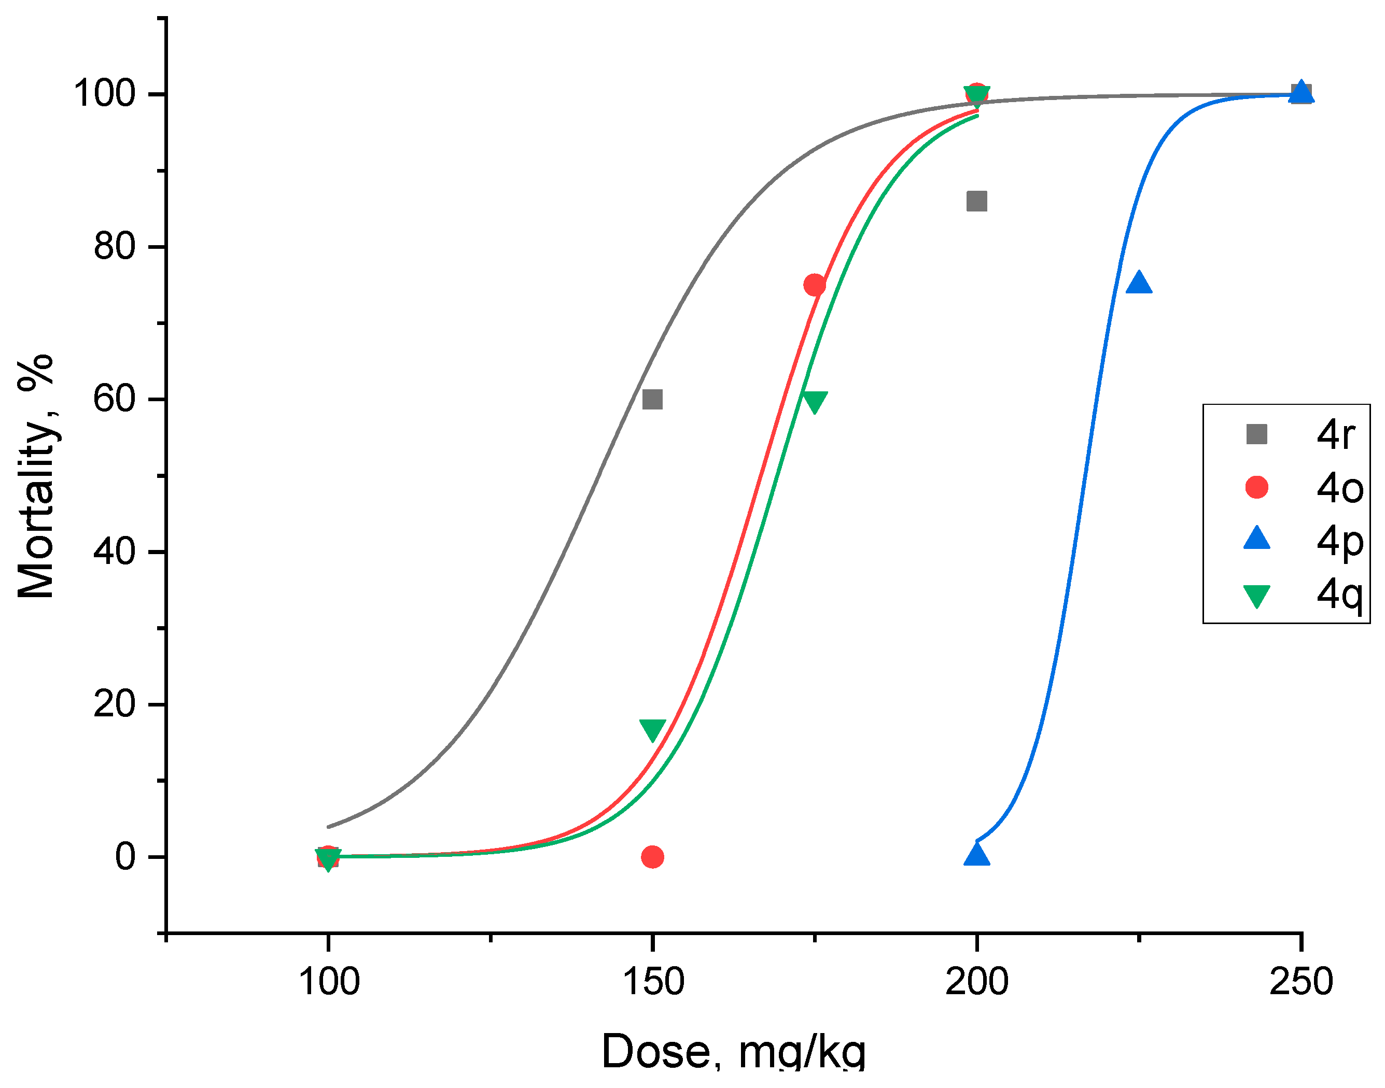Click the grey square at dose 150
[652, 400]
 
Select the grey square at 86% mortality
[976, 201]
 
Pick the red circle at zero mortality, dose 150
[652, 857]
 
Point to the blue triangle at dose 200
[976, 854]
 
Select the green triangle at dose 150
[652, 729]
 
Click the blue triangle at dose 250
[1301, 92]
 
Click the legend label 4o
[1340, 489]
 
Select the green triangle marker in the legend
[1256, 596]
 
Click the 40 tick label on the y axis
[115, 551]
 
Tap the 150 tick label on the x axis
[652, 981]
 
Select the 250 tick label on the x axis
[1301, 981]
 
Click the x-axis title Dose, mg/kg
[733, 1052]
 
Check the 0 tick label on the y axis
[125, 857]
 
